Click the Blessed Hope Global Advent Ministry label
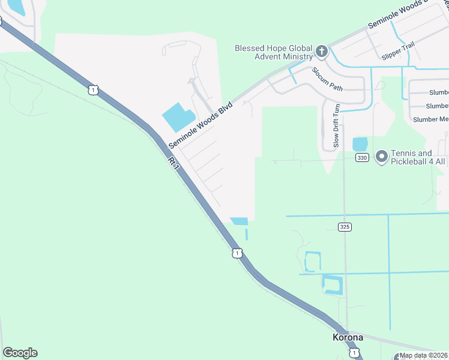(x=274, y=52)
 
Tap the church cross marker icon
(x=321, y=51)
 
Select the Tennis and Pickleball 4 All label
(x=418, y=157)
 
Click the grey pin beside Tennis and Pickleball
(x=381, y=157)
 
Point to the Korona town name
(x=348, y=337)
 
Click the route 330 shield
(x=361, y=157)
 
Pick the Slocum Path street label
(x=327, y=79)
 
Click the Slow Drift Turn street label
(x=337, y=125)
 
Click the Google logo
(x=20, y=353)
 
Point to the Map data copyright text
(x=423, y=355)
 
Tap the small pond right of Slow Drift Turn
(x=360, y=144)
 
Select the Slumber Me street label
(x=430, y=119)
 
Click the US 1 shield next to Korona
(x=355, y=352)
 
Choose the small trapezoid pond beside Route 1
(x=240, y=221)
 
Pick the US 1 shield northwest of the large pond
(x=92, y=90)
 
